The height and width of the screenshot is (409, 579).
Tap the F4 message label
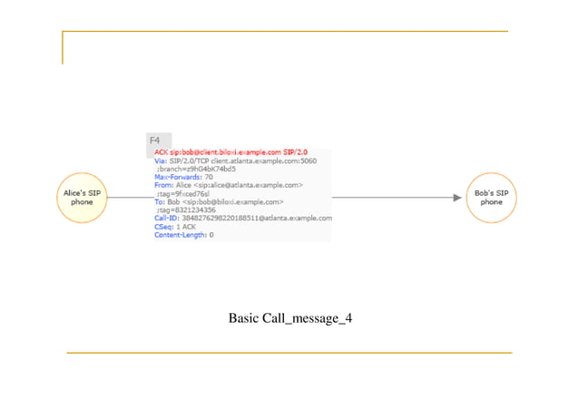tap(154, 141)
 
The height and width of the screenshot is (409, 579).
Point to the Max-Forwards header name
tap(178, 177)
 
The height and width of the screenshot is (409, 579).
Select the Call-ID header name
tap(167, 219)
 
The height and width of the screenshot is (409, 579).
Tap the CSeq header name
tap(164, 227)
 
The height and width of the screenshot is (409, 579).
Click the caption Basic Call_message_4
tap(289, 318)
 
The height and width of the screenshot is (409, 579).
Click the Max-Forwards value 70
tap(209, 177)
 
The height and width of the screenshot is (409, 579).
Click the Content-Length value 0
tap(211, 235)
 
